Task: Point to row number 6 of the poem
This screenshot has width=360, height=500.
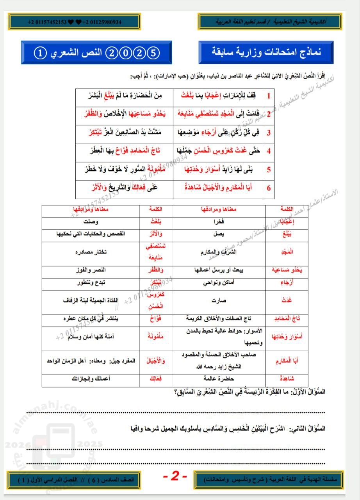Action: tap(269, 188)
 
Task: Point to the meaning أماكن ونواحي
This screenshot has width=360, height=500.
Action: tap(221, 282)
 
